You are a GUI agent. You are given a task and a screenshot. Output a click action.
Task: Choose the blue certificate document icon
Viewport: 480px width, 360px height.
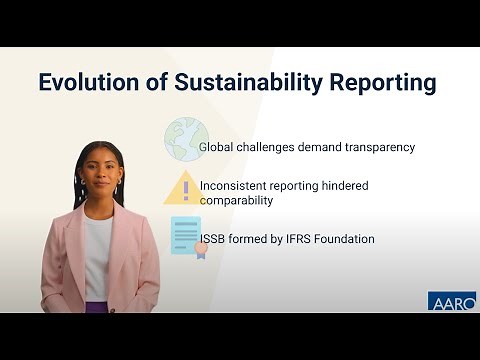[x=185, y=236]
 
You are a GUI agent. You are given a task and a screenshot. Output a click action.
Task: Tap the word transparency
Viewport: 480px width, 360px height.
[x=374, y=147]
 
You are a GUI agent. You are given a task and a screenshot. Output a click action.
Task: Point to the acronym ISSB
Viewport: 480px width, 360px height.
[x=214, y=239]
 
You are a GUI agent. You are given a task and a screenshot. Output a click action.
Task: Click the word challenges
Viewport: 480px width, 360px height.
[x=267, y=147]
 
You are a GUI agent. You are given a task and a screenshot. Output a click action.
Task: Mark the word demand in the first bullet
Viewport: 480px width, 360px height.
[x=318, y=147]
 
